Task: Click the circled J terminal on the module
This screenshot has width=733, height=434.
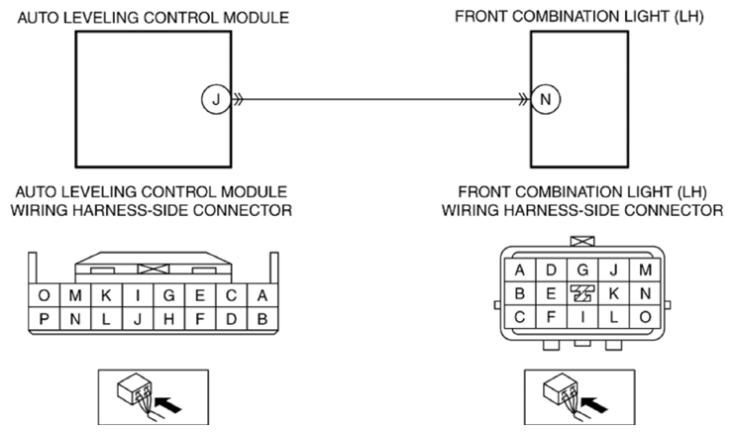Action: point(213,99)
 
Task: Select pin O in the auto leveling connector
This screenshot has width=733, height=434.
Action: point(44,295)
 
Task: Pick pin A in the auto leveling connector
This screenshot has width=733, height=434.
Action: point(261,295)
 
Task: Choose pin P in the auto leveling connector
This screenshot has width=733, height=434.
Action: point(44,319)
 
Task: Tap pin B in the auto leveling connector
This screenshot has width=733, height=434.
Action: point(261,319)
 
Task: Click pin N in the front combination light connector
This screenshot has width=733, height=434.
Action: point(646,293)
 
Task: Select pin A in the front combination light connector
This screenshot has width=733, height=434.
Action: point(520,270)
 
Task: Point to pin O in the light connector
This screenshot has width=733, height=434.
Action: point(646,317)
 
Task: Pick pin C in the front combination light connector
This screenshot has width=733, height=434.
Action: point(520,317)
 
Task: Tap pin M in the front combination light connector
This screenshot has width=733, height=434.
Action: point(646,270)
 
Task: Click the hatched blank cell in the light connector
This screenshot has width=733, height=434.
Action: point(583,293)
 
